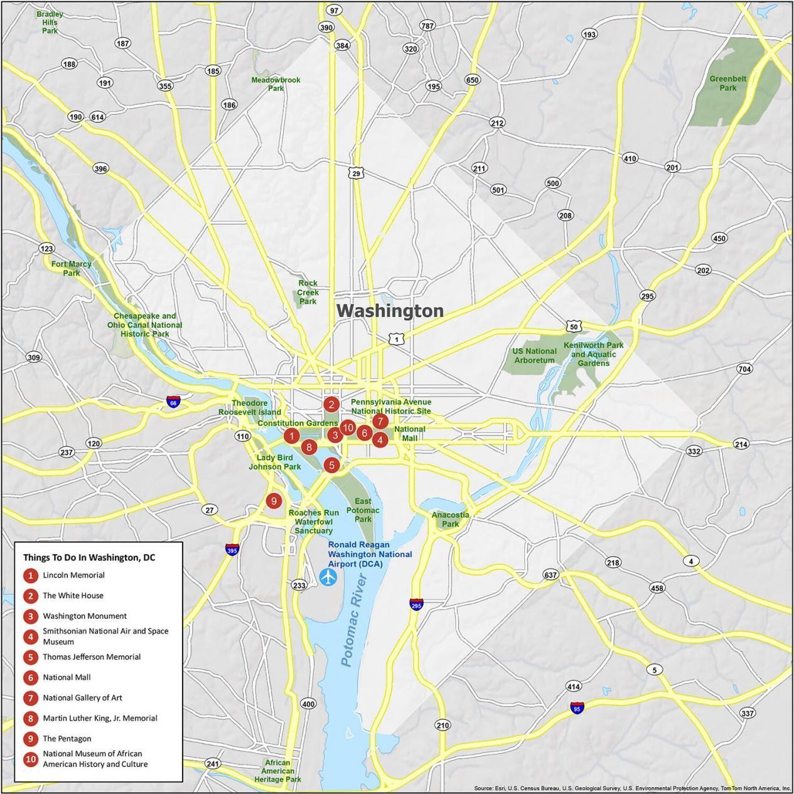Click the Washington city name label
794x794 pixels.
(390, 311)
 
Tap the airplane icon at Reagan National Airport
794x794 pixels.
(328, 576)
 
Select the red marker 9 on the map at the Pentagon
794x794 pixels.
(273, 501)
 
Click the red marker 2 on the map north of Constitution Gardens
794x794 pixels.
(331, 405)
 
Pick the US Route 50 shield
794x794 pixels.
(573, 326)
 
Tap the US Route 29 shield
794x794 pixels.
(356, 173)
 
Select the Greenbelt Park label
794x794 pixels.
(727, 83)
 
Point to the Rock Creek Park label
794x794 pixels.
(308, 292)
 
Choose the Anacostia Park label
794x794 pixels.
(450, 519)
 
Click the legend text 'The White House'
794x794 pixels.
(73, 596)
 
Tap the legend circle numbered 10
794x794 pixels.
(30, 759)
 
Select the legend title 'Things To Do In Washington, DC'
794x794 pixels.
(89, 557)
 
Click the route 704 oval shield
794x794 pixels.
(744, 369)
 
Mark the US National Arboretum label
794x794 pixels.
(535, 356)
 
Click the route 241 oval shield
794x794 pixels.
(213, 764)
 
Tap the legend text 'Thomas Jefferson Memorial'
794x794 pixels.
(92, 657)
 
